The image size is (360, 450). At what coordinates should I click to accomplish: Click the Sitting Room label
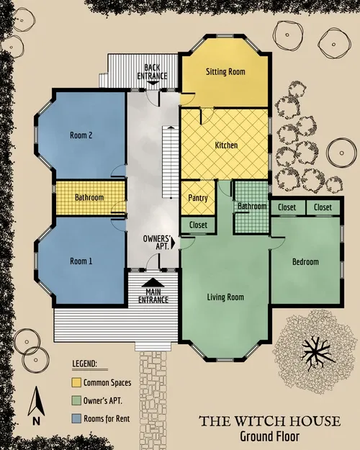click(225, 72)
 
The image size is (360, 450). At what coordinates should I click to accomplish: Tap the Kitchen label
click(226, 145)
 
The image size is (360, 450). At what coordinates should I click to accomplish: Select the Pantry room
click(198, 198)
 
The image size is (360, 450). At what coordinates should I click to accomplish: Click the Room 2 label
click(81, 135)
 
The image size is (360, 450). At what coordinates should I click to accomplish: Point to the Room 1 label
click(81, 261)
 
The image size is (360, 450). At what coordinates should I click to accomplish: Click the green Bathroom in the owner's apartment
click(253, 207)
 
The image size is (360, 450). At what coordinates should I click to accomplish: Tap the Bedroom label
click(305, 261)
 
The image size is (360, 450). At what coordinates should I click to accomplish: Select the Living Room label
click(225, 297)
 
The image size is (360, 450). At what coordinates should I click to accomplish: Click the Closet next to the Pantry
click(198, 225)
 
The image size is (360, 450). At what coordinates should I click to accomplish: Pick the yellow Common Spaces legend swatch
click(76, 382)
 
